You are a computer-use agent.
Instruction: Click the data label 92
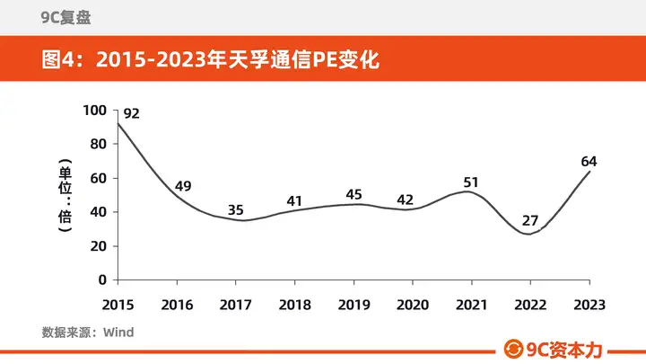pos(131,113)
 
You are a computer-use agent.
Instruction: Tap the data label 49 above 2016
pos(183,186)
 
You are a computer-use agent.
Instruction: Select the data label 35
pos(236,210)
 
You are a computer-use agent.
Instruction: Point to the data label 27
pos(530,221)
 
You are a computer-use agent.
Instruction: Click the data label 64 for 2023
pos(589,162)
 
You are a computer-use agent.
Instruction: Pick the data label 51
pos(471,182)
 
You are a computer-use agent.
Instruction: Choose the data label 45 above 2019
pos(354,194)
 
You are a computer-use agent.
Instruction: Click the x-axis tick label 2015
pos(118,305)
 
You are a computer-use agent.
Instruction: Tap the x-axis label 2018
pos(294,305)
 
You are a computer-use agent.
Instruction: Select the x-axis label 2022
pos(530,305)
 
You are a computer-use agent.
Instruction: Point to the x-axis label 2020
pos(413,305)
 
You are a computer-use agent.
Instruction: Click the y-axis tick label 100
pos(95,111)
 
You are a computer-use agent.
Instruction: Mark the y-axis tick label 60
pos(99,178)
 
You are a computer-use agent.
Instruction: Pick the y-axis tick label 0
pos(102,280)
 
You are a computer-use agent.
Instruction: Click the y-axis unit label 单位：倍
pos(65,195)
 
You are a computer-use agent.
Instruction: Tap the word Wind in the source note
pos(118,333)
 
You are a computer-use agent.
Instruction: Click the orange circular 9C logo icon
pos(513,350)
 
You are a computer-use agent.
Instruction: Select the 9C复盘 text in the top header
pos(65,18)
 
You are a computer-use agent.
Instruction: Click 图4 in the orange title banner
pos(57,60)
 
